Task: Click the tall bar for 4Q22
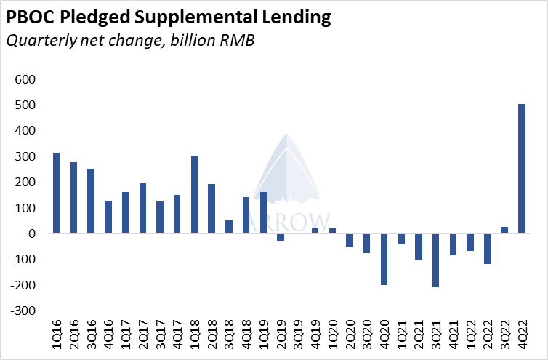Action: pyautogui.click(x=521, y=169)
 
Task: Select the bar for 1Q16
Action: pyautogui.click(x=56, y=193)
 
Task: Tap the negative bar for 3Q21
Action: pyautogui.click(x=435, y=260)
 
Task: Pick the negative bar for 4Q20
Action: pyautogui.click(x=384, y=259)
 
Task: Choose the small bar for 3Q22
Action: pyautogui.click(x=504, y=230)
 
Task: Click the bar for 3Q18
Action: pyautogui.click(x=229, y=227)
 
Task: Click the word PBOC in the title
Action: pyautogui.click(x=31, y=17)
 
